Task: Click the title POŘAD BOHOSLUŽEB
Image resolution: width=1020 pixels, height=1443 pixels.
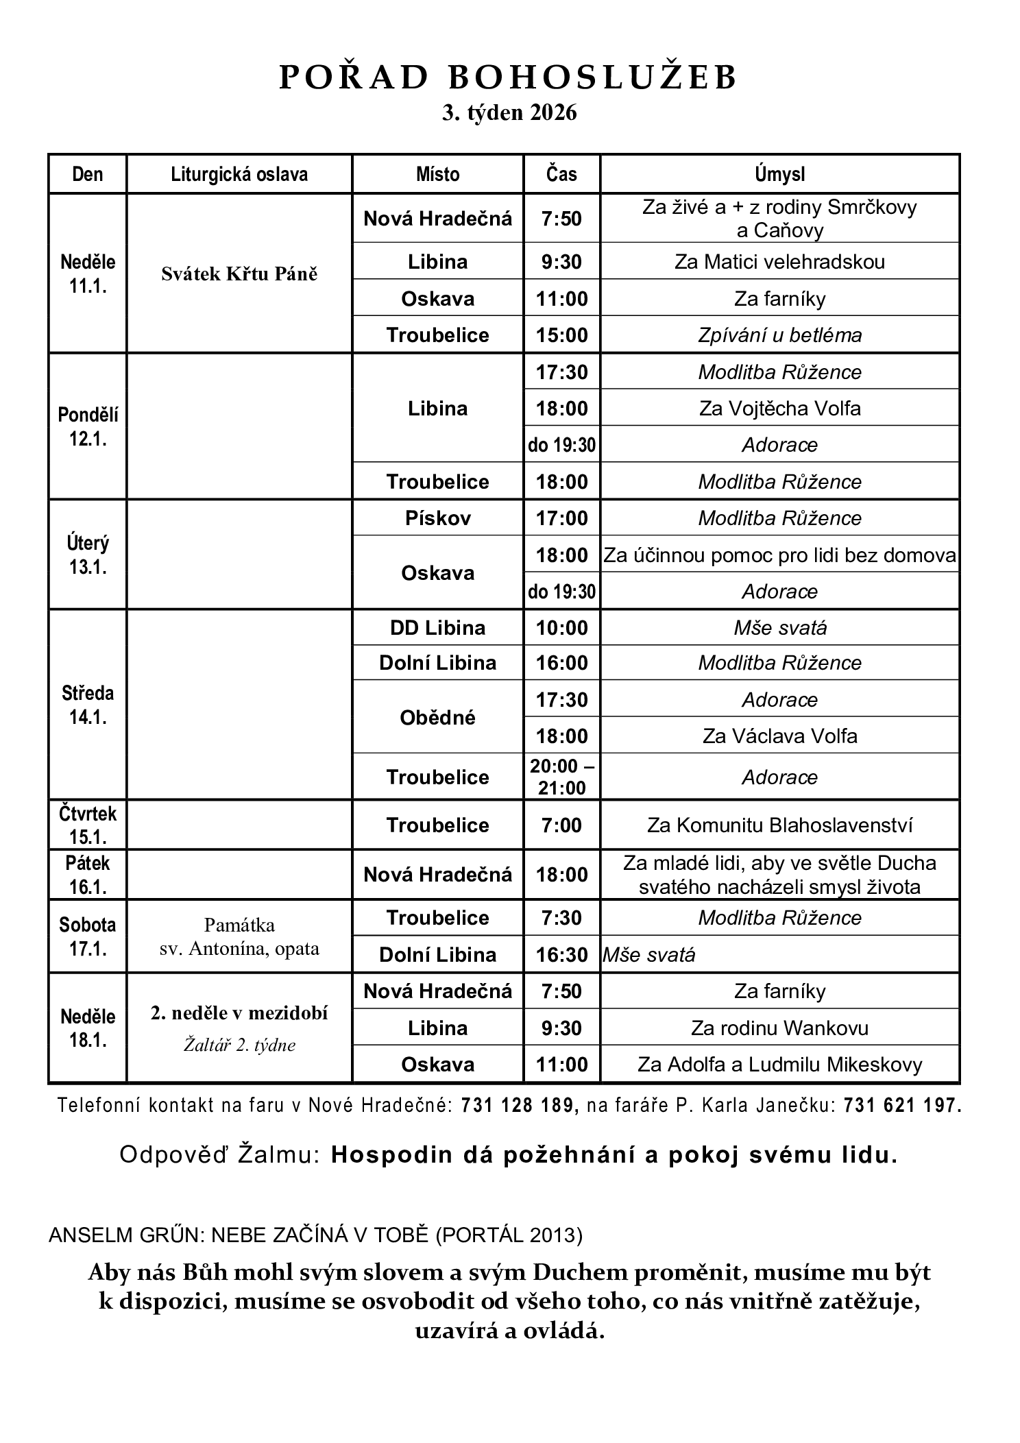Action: coord(508,77)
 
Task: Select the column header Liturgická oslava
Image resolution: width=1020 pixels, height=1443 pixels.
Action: coord(239,174)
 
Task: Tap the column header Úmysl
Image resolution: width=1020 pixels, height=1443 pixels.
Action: coord(779,174)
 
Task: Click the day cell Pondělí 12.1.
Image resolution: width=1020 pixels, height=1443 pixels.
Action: coord(88,426)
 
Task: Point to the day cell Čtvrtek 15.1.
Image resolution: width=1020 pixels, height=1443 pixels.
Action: coord(88,825)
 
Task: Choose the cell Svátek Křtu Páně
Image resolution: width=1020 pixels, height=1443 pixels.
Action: coord(239,274)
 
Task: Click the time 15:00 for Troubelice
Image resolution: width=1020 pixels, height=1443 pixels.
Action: coord(561,335)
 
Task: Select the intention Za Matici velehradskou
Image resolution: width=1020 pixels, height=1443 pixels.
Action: coord(779,262)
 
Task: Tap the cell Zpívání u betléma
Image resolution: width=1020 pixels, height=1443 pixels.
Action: coord(779,335)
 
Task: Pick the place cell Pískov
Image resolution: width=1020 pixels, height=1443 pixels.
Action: coord(437,518)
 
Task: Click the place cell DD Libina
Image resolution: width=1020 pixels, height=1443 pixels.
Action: coord(437,628)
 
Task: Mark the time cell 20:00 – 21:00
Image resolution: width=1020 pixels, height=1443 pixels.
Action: coord(561,777)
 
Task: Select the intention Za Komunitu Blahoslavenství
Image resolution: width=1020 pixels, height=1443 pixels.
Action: coord(779,825)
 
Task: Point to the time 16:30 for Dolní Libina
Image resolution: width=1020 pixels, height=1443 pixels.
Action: coord(561,954)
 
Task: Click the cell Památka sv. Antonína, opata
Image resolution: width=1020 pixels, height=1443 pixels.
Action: coord(239,936)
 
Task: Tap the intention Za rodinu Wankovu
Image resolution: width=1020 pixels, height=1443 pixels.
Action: coord(779,1028)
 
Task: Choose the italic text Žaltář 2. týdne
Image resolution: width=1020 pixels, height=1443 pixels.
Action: coord(239,1045)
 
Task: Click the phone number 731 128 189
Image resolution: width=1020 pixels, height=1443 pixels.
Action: coord(516,1105)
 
